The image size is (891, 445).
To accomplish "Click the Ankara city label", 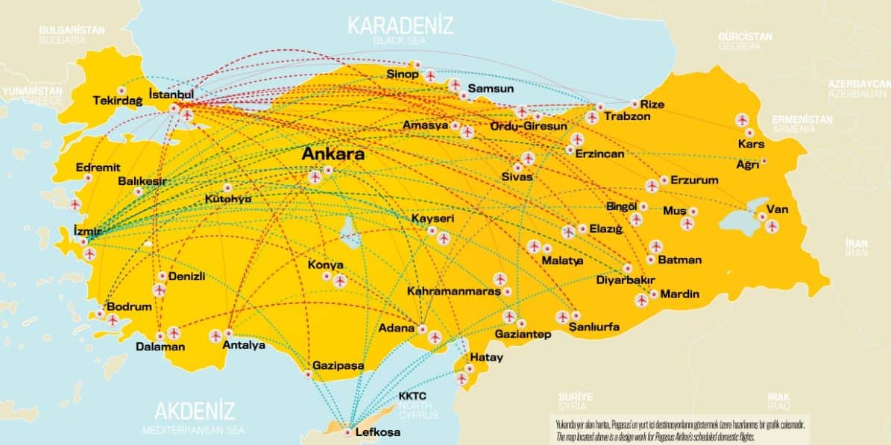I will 333,155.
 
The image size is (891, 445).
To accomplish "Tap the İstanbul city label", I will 171,95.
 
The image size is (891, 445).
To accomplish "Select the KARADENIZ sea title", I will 400,25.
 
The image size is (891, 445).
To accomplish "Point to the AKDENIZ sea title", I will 195,411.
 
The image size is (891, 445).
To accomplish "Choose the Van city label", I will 777,209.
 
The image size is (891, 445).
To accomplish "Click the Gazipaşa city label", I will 339,365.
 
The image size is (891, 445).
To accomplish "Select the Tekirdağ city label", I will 117,101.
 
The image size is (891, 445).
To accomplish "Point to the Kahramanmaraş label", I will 453,291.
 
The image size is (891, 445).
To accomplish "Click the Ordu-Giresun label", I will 528,126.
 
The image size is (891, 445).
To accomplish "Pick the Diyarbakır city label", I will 626,280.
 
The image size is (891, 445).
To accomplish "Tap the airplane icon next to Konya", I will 340,281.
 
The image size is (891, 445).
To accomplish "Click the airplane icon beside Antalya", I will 216,335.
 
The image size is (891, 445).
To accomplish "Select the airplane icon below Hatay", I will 462,379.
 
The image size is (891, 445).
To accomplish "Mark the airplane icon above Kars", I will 742,119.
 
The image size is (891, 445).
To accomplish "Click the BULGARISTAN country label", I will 72,30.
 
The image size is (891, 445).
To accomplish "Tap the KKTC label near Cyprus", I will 412,396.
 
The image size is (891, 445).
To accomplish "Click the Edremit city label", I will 98,168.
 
